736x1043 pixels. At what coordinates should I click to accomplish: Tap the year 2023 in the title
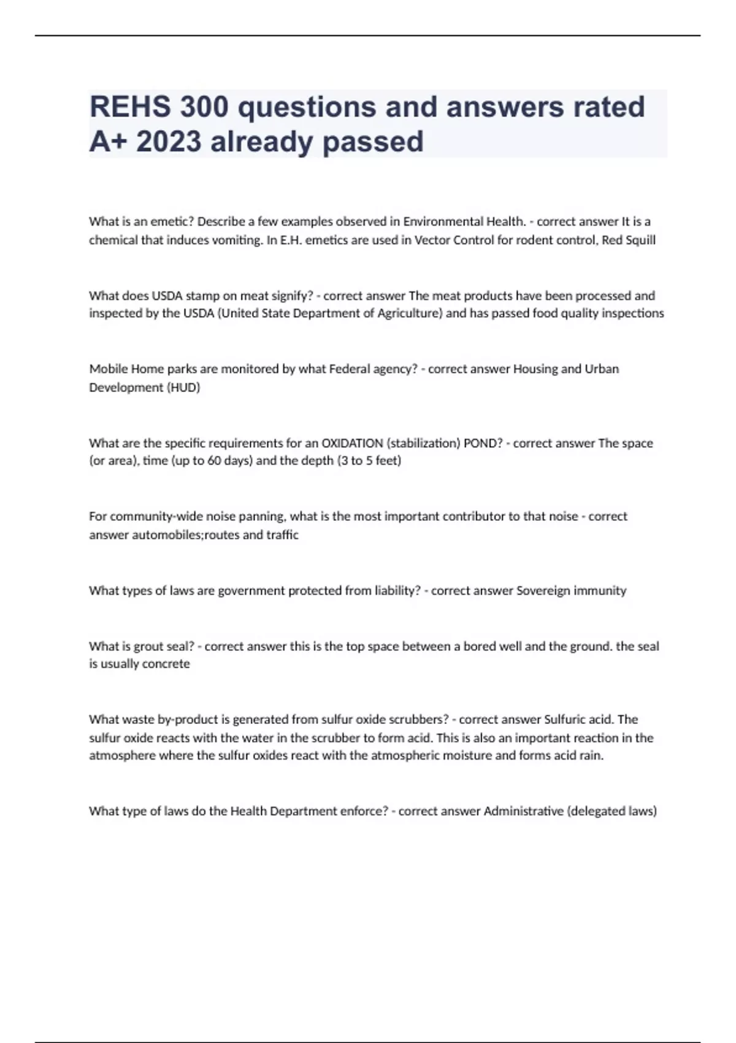click(169, 142)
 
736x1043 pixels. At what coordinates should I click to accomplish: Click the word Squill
click(640, 240)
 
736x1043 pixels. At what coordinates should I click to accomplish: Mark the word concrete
click(166, 663)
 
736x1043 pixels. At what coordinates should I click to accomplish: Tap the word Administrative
click(523, 811)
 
